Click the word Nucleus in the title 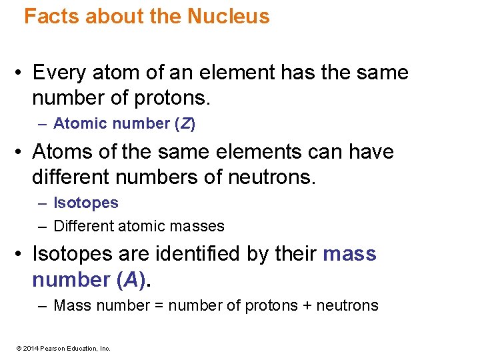[x=229, y=16]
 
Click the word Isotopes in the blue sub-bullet [x=85, y=203]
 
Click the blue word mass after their [x=349, y=254]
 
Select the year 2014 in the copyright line [x=32, y=348]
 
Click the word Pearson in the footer [x=53, y=348]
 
